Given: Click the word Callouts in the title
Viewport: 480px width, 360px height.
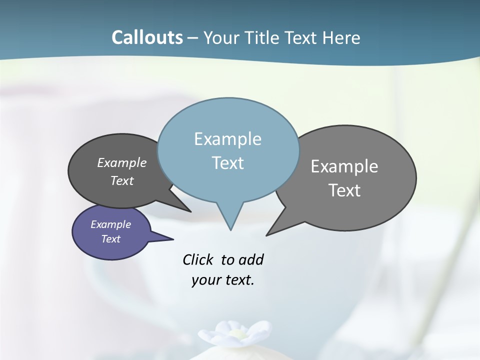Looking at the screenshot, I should (147, 37).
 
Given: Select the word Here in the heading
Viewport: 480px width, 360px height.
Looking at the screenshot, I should (341, 37).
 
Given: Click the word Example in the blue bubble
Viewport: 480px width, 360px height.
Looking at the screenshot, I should (227, 139).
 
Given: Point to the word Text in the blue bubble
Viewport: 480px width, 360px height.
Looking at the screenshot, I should (227, 163).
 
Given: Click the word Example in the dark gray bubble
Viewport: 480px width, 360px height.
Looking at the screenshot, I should (122, 162).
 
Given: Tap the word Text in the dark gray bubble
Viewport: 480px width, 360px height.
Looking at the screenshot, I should (122, 180).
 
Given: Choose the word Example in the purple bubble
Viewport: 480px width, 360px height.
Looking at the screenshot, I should (111, 224).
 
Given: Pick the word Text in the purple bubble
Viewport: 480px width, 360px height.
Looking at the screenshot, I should (111, 239).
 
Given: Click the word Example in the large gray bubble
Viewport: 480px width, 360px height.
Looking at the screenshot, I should (344, 166).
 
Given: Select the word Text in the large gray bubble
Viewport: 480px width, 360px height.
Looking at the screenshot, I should (344, 190).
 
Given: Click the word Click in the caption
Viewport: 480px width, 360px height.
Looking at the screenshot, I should (198, 259).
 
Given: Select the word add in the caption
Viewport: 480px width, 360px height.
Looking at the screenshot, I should (251, 259).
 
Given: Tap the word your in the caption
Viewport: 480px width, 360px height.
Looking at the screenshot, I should (206, 280).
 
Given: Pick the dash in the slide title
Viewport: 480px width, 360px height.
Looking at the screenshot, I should (193, 38).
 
